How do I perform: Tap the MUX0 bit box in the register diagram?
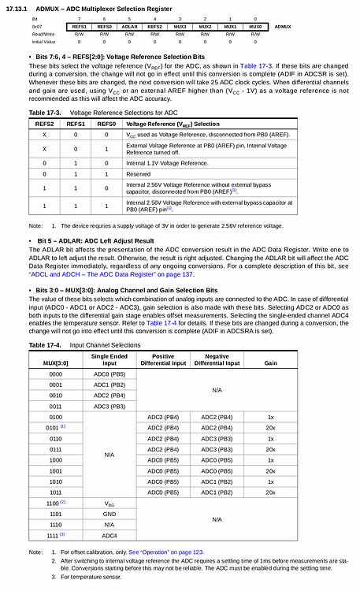tap(255, 26)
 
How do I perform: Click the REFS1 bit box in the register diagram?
tap(79, 26)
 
